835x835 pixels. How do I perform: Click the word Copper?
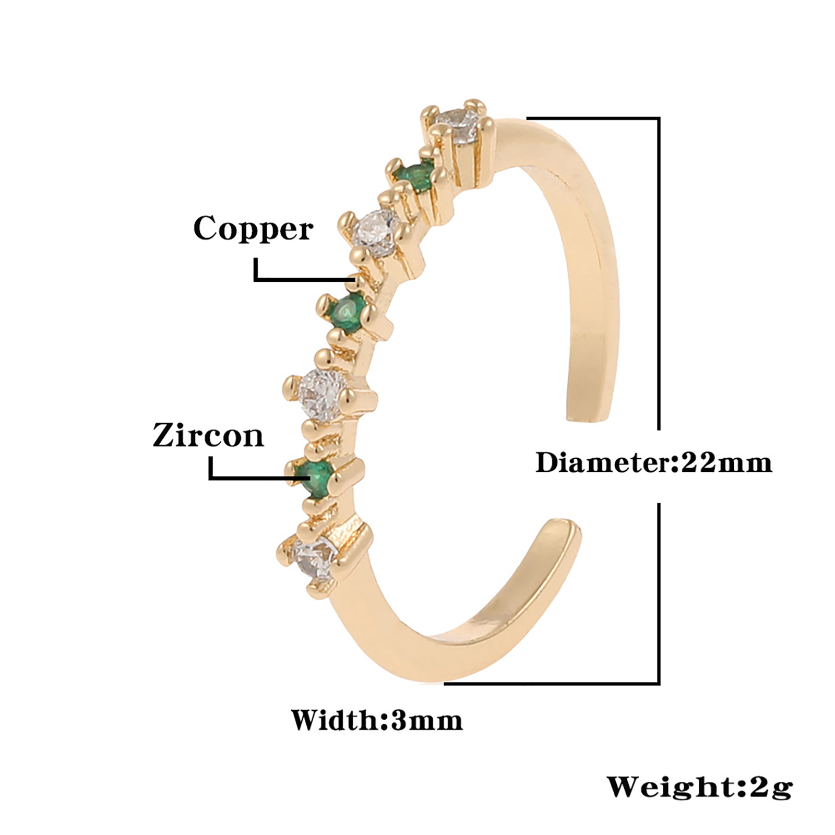(x=253, y=229)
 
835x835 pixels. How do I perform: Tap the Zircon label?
(x=208, y=435)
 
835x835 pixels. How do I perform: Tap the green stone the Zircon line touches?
(x=315, y=476)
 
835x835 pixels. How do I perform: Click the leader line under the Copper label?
(x=297, y=280)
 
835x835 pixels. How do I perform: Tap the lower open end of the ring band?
(x=564, y=530)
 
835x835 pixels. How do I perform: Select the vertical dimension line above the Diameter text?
(x=659, y=271)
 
